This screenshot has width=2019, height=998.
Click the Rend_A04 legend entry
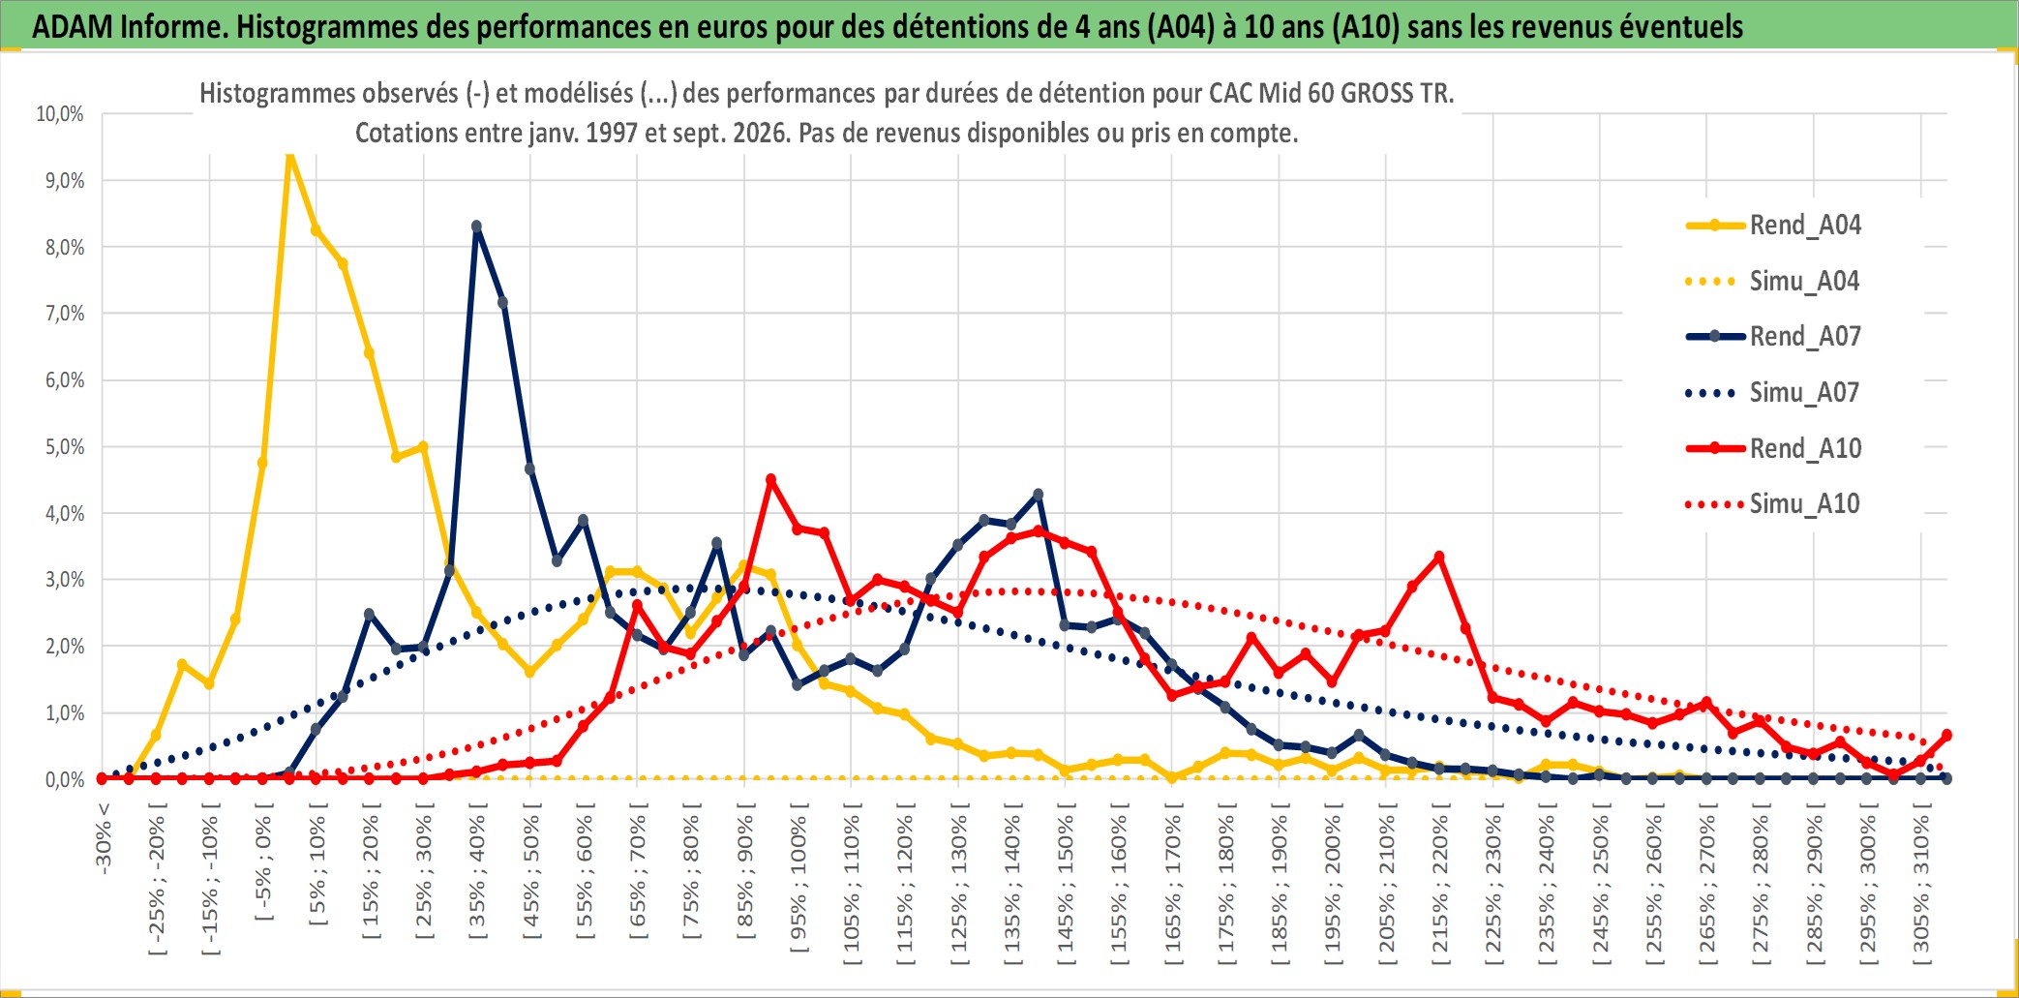coord(1773,225)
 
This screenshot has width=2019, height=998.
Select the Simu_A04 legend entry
coord(1773,281)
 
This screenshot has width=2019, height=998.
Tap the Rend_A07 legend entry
coord(1773,336)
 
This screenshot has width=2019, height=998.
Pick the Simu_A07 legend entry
coord(1773,392)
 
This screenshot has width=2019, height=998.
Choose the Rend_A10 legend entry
coord(1773,448)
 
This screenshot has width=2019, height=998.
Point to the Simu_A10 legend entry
coord(1773,503)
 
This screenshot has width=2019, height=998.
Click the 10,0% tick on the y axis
coord(60,114)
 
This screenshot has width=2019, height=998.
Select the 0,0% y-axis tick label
coord(65,779)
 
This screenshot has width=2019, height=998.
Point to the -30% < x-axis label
coord(104,837)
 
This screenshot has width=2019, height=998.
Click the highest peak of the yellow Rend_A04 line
coord(289,155)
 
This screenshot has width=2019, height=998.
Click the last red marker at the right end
coord(1946,736)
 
